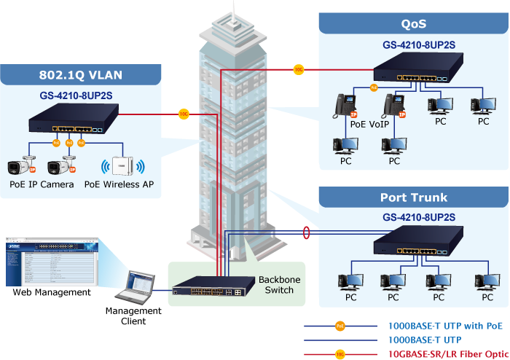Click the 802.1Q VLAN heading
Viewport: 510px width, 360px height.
coord(80,74)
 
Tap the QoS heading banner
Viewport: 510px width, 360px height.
coord(413,24)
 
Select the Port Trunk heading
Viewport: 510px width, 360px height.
coord(413,197)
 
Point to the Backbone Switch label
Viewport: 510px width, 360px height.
coord(279,285)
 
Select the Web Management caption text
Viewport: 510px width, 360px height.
coord(52,292)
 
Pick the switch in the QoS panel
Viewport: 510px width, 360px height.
coord(414,71)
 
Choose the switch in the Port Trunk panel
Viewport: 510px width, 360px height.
coord(414,245)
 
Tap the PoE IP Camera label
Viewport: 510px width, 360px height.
coord(42,184)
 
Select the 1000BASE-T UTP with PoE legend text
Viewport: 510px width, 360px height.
coord(444,326)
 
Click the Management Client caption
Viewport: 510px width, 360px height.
coord(133,316)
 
